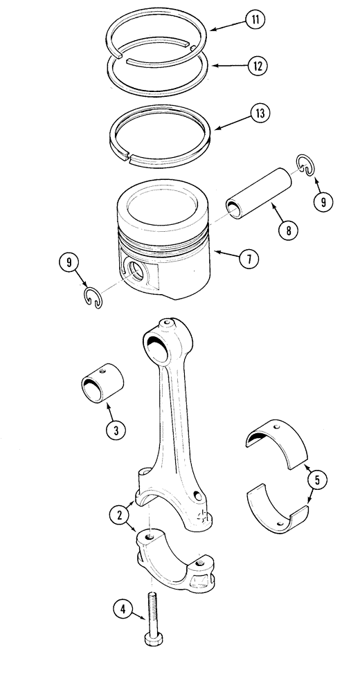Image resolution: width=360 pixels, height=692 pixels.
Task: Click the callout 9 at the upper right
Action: tap(322, 201)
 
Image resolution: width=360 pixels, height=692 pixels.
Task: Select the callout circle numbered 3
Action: tap(116, 430)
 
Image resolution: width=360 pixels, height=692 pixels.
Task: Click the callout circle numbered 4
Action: tap(123, 609)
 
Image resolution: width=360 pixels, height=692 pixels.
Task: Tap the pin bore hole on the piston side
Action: tap(133, 268)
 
